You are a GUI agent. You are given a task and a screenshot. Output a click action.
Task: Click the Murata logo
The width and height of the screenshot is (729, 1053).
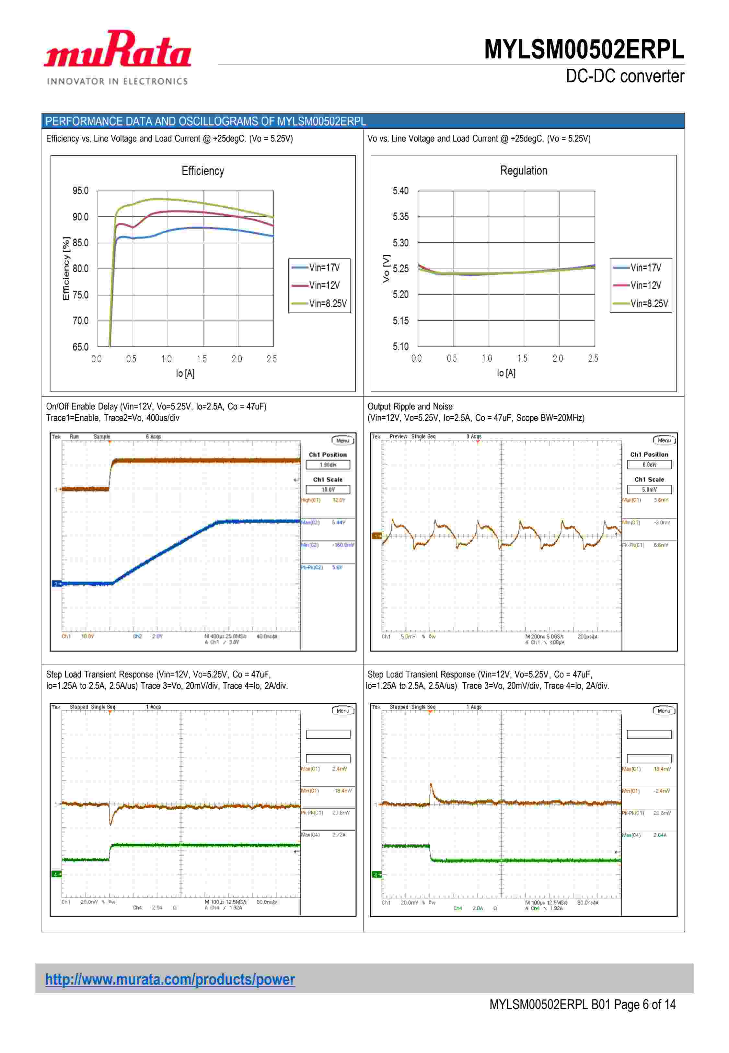(117, 49)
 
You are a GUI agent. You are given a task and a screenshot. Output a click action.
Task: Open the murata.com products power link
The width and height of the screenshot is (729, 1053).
(170, 979)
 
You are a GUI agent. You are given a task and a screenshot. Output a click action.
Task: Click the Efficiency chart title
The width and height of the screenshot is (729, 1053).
(203, 171)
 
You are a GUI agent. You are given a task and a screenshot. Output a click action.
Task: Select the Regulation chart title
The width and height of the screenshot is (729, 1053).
(524, 170)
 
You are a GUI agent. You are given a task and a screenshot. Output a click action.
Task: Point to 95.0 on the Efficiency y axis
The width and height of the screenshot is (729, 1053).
(80, 191)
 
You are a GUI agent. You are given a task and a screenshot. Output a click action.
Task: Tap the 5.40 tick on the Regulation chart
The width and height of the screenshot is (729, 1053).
(400, 191)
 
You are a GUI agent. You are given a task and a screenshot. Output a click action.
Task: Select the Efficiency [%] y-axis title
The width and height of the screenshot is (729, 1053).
(66, 269)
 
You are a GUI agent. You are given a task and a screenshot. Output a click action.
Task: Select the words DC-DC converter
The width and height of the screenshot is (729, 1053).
(625, 76)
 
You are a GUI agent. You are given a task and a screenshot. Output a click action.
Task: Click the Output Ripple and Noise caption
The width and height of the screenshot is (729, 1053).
(410, 406)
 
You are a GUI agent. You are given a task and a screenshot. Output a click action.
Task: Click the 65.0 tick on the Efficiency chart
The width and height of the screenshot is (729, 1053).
(80, 347)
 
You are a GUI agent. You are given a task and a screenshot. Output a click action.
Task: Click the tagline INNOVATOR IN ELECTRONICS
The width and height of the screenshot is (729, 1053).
(117, 81)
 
